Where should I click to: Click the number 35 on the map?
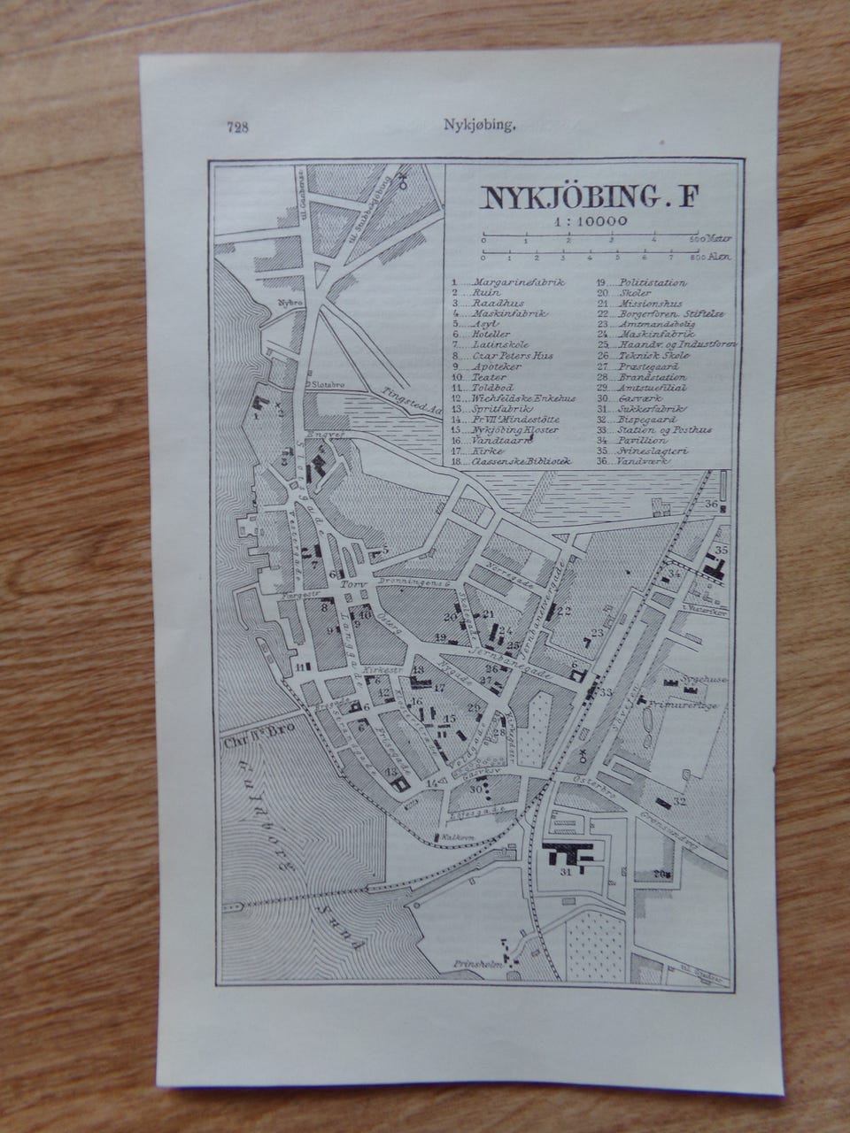pyautogui.click(x=722, y=551)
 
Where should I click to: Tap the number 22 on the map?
pyautogui.click(x=565, y=610)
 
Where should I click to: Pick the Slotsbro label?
pyautogui.click(x=323, y=385)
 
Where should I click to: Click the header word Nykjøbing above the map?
pyautogui.click(x=479, y=126)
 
